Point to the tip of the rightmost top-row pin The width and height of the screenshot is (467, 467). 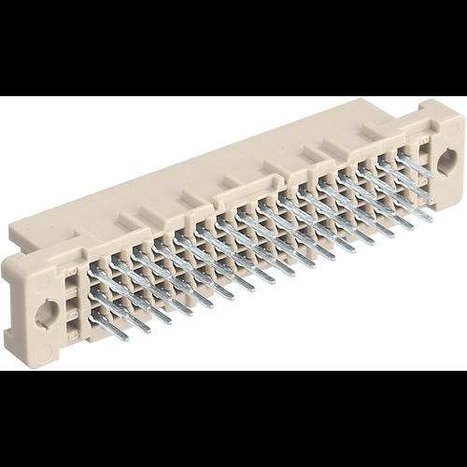click(x=432, y=174)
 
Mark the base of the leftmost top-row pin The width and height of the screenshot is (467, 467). click(x=93, y=270)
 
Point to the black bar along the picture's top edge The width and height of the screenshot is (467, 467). click(x=233, y=47)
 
